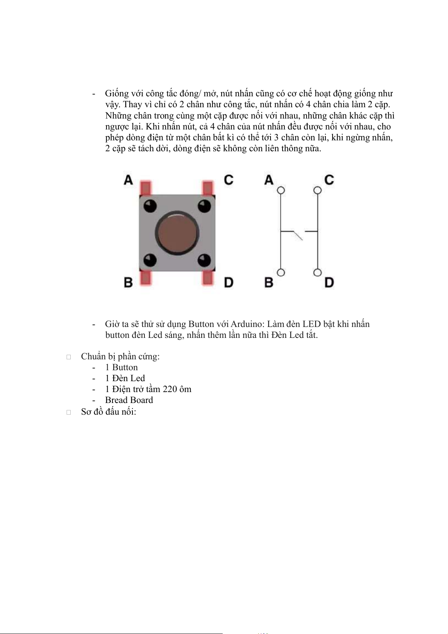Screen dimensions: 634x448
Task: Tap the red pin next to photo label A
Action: (x=145, y=188)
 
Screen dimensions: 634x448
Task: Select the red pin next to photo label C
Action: (x=208, y=188)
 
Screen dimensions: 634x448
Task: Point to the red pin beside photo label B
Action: (x=145, y=278)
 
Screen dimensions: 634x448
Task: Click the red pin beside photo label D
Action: (x=208, y=278)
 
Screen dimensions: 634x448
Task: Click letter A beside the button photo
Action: (x=129, y=180)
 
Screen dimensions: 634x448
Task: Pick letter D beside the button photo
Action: (x=229, y=282)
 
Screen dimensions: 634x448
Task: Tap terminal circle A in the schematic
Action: (x=281, y=190)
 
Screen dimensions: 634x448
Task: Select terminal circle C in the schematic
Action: (x=317, y=190)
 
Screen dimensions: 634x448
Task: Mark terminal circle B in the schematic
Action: (x=281, y=272)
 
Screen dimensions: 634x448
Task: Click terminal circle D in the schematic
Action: (x=317, y=272)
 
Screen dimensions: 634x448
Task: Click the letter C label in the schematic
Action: (x=329, y=180)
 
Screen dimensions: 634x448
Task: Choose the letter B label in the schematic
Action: (x=269, y=282)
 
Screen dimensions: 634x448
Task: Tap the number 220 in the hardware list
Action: (x=170, y=389)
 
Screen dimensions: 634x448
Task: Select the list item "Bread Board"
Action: (x=129, y=400)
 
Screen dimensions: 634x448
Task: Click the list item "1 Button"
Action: (x=121, y=367)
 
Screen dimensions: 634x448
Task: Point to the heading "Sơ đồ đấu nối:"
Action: (x=108, y=412)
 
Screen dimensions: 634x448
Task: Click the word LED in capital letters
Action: (x=311, y=324)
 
